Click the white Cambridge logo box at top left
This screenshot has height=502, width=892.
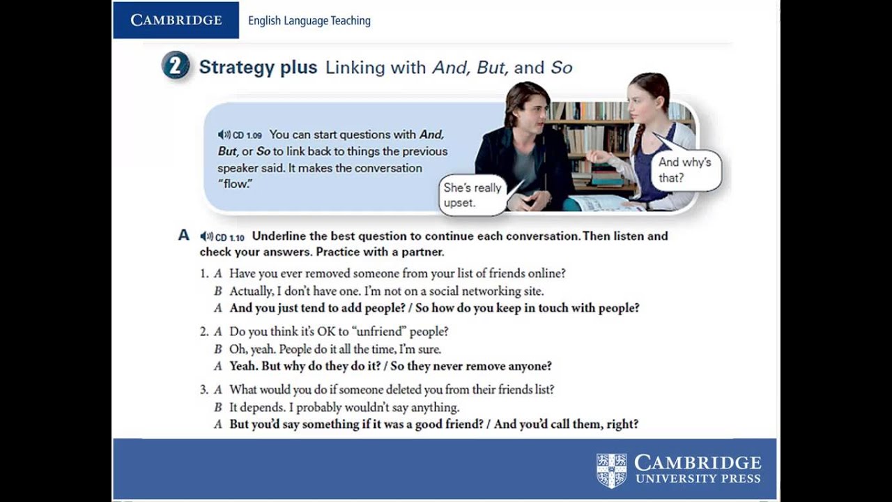[x=176, y=20]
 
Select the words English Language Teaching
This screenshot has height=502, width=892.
[x=309, y=21]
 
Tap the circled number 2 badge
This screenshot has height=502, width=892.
[x=176, y=67]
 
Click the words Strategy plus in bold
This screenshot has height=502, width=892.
[x=258, y=68]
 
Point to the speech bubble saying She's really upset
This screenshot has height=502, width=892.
[x=473, y=195]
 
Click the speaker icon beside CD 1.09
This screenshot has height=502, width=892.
[x=224, y=135]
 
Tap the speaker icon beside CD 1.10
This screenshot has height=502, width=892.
[x=206, y=236]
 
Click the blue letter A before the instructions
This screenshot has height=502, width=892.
[x=184, y=236]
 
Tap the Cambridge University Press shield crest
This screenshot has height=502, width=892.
[x=612, y=471]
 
